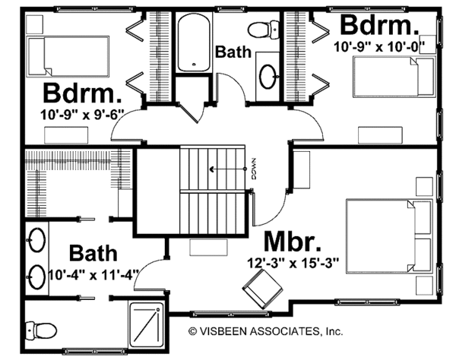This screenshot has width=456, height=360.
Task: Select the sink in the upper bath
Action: (x=268, y=76)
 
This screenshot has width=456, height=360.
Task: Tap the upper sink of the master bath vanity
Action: (x=35, y=242)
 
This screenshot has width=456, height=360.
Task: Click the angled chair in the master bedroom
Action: (x=259, y=289)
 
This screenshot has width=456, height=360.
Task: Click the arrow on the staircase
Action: (x=227, y=170)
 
